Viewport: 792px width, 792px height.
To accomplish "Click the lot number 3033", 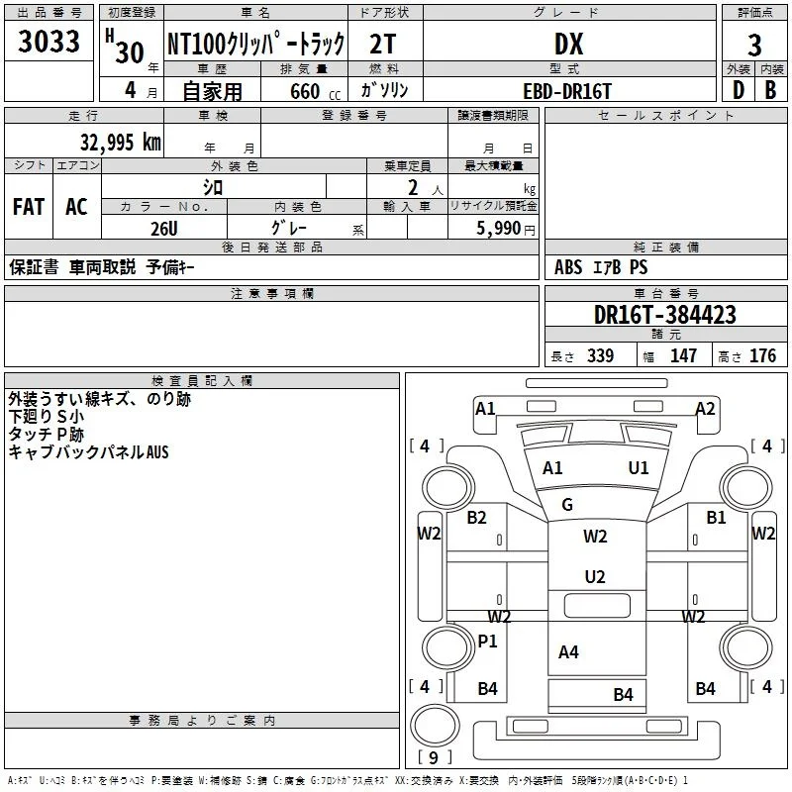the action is tap(49, 41).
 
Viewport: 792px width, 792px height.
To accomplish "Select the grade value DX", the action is tap(568, 44).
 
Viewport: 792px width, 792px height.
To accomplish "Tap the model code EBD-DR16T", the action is tap(567, 91).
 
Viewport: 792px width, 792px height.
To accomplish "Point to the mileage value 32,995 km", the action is tap(120, 143).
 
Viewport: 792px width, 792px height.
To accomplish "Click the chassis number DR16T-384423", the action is tap(664, 315).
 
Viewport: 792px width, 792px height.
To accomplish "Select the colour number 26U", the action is tap(164, 229).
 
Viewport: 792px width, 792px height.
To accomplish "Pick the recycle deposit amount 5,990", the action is tap(499, 229).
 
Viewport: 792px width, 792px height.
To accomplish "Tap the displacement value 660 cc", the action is tap(315, 92).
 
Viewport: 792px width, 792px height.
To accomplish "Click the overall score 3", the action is tap(754, 46).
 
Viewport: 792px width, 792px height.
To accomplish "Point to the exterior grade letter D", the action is tap(739, 90).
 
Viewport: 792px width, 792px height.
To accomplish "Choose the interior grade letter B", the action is tap(770, 90).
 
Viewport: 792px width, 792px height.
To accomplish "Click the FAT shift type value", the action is tap(29, 207).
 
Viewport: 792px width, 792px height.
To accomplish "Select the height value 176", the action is tap(762, 355).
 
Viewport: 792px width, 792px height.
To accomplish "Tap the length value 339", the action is tap(600, 355).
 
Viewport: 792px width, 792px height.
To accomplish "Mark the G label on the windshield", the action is tap(566, 504).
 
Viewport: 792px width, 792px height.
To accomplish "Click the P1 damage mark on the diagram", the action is tap(487, 641).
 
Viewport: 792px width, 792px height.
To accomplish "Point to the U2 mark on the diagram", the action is tap(595, 576).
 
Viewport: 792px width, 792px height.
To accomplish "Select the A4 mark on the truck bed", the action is tap(568, 652).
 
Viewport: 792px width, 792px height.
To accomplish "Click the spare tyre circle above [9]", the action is tap(436, 726).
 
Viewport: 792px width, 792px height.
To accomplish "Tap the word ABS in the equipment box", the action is tap(568, 267).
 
